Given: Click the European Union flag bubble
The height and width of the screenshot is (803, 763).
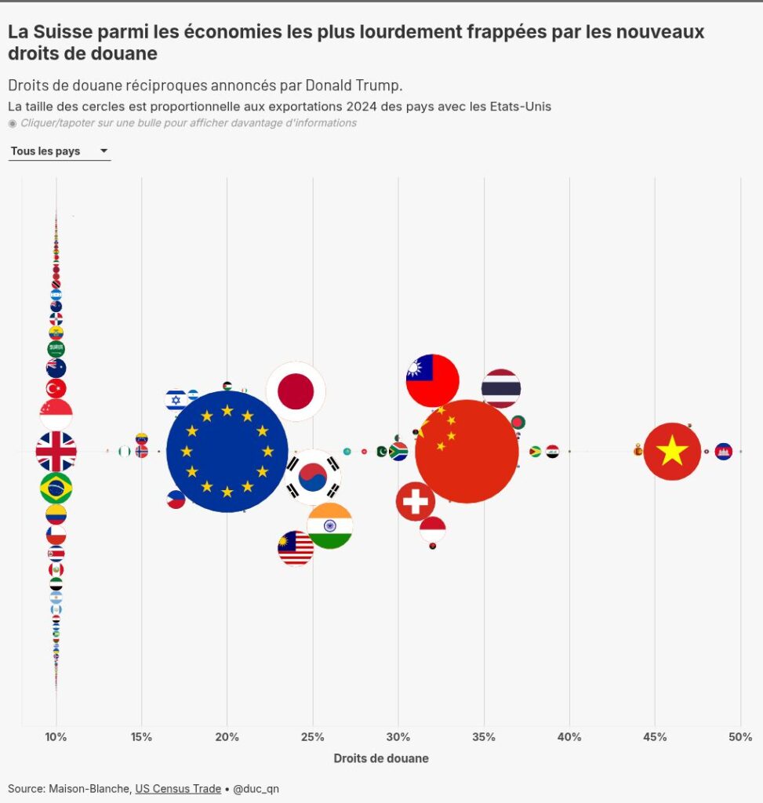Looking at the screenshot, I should click(227, 452).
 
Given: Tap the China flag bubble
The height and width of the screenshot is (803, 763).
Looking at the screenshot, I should click(467, 452).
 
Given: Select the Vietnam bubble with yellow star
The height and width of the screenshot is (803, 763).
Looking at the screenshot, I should click(672, 451).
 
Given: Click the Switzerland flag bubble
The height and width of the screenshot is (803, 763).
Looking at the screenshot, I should click(416, 501).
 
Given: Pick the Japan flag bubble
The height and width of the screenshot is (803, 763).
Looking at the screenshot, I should click(296, 391).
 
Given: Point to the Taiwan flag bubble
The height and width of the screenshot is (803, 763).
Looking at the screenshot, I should click(432, 380).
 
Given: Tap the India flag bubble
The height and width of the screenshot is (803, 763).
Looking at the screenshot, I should click(330, 526).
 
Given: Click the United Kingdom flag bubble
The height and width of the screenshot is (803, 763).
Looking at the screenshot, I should click(56, 452).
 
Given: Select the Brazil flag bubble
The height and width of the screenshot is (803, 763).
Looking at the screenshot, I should click(56, 489).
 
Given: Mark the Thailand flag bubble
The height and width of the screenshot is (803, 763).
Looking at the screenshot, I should click(501, 388).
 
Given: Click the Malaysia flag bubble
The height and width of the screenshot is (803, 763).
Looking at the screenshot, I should click(296, 548).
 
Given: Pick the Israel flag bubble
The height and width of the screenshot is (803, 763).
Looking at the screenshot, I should click(176, 400).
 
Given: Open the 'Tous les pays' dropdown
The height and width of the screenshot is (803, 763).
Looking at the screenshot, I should click(60, 151).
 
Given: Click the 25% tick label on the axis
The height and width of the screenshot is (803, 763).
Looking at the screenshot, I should click(312, 737).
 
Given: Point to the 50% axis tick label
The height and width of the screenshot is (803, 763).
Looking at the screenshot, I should click(740, 737).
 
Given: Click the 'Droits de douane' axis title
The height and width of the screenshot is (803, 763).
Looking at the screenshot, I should click(381, 758).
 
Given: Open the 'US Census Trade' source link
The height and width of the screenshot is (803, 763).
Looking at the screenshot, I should click(178, 789).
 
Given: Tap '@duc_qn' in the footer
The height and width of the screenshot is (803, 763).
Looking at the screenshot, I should click(256, 789).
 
